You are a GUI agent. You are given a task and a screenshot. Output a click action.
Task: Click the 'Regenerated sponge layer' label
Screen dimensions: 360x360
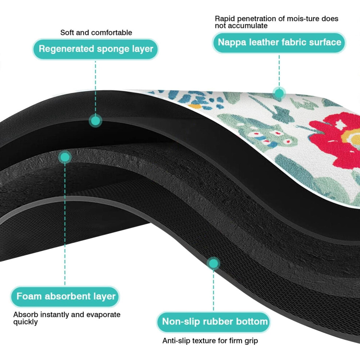pos(96,49)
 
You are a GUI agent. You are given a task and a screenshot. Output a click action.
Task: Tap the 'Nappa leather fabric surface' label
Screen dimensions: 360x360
pos(279,43)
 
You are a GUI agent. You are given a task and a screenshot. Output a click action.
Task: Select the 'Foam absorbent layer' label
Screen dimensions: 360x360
pos(65,297)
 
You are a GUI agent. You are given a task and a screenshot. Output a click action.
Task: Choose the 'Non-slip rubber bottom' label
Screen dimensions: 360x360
pos(214,322)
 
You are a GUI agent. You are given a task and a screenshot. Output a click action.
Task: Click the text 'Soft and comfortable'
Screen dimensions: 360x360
pos(96,33)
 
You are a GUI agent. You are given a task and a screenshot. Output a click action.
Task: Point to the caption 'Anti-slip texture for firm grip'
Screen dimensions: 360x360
pos(210,341)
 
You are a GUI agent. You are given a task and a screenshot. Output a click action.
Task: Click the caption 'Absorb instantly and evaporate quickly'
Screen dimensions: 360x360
pos(67,318)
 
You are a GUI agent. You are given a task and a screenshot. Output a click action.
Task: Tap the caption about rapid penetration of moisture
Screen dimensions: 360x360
pos(276,22)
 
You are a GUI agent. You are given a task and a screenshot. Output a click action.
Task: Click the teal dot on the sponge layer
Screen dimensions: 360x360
pos(96,120)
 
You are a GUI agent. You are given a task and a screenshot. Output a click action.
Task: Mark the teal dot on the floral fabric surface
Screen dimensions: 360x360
pos(279,93)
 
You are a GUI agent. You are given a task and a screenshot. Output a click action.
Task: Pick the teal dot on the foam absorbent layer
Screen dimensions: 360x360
pos(65,157)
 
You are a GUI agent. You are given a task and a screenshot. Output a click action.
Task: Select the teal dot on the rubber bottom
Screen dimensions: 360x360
pos(213,263)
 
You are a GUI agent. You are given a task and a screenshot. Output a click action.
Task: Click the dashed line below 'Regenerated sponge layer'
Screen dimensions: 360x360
pos(96,87)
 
